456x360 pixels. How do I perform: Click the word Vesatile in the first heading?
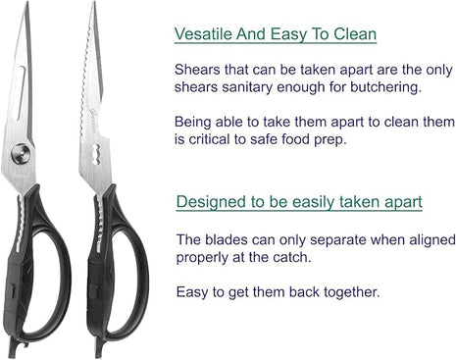tap(203, 33)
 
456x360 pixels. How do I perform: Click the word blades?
tap(227, 239)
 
